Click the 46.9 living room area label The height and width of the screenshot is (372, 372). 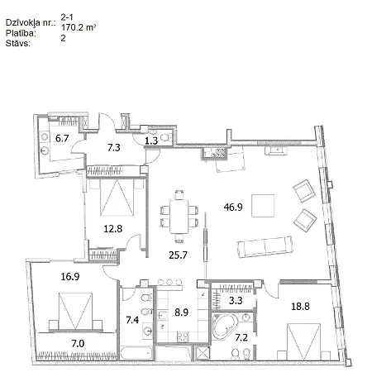(233, 207)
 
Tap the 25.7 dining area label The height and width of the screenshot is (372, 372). (178, 255)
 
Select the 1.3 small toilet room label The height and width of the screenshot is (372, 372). (151, 141)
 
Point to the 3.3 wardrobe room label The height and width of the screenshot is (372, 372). (236, 300)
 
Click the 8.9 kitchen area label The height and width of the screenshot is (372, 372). (182, 312)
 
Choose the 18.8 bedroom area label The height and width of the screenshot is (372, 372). (300, 306)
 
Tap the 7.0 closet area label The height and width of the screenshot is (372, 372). (78, 344)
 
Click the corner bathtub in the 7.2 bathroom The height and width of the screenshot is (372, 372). (225, 327)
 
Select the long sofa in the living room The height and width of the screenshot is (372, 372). (265, 246)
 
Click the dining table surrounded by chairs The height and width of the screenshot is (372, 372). (179, 217)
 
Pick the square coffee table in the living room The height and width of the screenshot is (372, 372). (263, 206)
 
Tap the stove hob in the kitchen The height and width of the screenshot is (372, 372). (183, 336)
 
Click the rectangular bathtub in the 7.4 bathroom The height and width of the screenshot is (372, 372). (136, 353)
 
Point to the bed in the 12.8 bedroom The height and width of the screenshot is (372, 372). (117, 197)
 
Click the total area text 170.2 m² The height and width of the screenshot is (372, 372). (79, 27)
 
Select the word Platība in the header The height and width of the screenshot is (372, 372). (21, 33)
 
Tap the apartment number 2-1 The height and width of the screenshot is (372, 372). (67, 17)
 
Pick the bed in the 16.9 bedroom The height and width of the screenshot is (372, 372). (75, 312)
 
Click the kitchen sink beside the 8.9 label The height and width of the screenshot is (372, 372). (162, 315)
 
